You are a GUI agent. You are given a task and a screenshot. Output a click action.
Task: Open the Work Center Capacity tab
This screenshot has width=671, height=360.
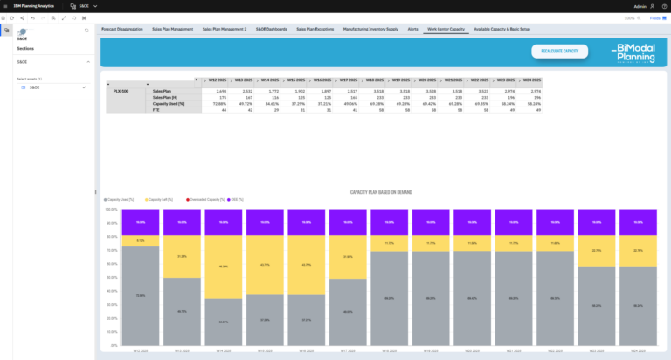coord(445,29)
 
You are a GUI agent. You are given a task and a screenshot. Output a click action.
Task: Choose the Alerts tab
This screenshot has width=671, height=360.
coord(412,29)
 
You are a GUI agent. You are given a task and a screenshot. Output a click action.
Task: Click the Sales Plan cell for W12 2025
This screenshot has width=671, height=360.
coord(217,91)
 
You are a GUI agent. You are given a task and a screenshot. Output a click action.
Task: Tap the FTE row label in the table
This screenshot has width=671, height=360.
coord(156,110)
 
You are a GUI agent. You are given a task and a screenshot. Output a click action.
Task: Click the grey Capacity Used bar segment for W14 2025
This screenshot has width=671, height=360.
coord(224,323)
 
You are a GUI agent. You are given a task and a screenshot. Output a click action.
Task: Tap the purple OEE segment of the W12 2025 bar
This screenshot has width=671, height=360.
coord(141,222)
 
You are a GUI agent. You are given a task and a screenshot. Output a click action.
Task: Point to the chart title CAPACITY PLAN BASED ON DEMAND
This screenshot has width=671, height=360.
coord(381,191)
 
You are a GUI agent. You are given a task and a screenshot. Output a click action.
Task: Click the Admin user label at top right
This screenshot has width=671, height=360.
coord(640,5)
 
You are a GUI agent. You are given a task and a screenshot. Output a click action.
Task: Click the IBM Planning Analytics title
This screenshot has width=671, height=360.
coord(30,5)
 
